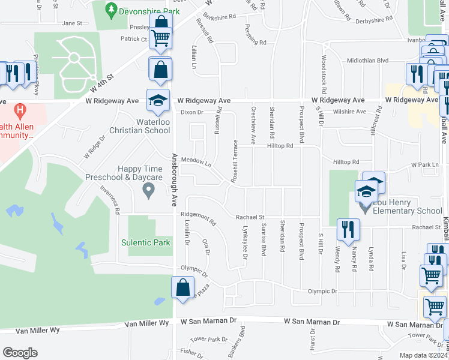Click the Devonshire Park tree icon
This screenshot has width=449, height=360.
[x=110, y=9]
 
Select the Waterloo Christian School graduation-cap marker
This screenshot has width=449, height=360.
[x=157, y=101]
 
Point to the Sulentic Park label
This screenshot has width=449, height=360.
[x=146, y=242]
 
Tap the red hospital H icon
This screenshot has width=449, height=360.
[x=20, y=111]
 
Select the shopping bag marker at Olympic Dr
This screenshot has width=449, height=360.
[x=183, y=287]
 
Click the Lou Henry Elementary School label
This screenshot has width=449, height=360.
[x=407, y=206]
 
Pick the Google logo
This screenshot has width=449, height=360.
[x=20, y=352]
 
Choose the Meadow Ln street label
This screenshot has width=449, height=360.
[x=197, y=162]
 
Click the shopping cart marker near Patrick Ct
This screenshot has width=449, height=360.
[x=161, y=38]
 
